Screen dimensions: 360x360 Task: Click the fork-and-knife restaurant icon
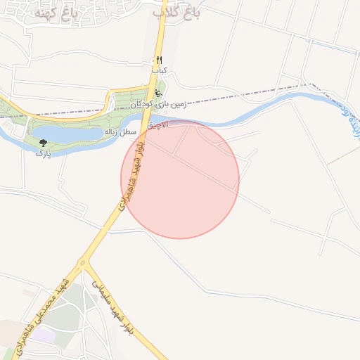click(x=159, y=60)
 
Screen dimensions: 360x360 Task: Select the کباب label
click(x=160, y=71)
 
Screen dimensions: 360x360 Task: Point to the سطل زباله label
click(x=120, y=131)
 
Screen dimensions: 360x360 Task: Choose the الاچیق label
click(x=158, y=125)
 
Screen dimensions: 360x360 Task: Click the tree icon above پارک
click(x=44, y=143)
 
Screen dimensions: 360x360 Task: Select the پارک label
click(x=44, y=153)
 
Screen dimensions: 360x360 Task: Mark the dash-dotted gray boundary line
click(x=232, y=96)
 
